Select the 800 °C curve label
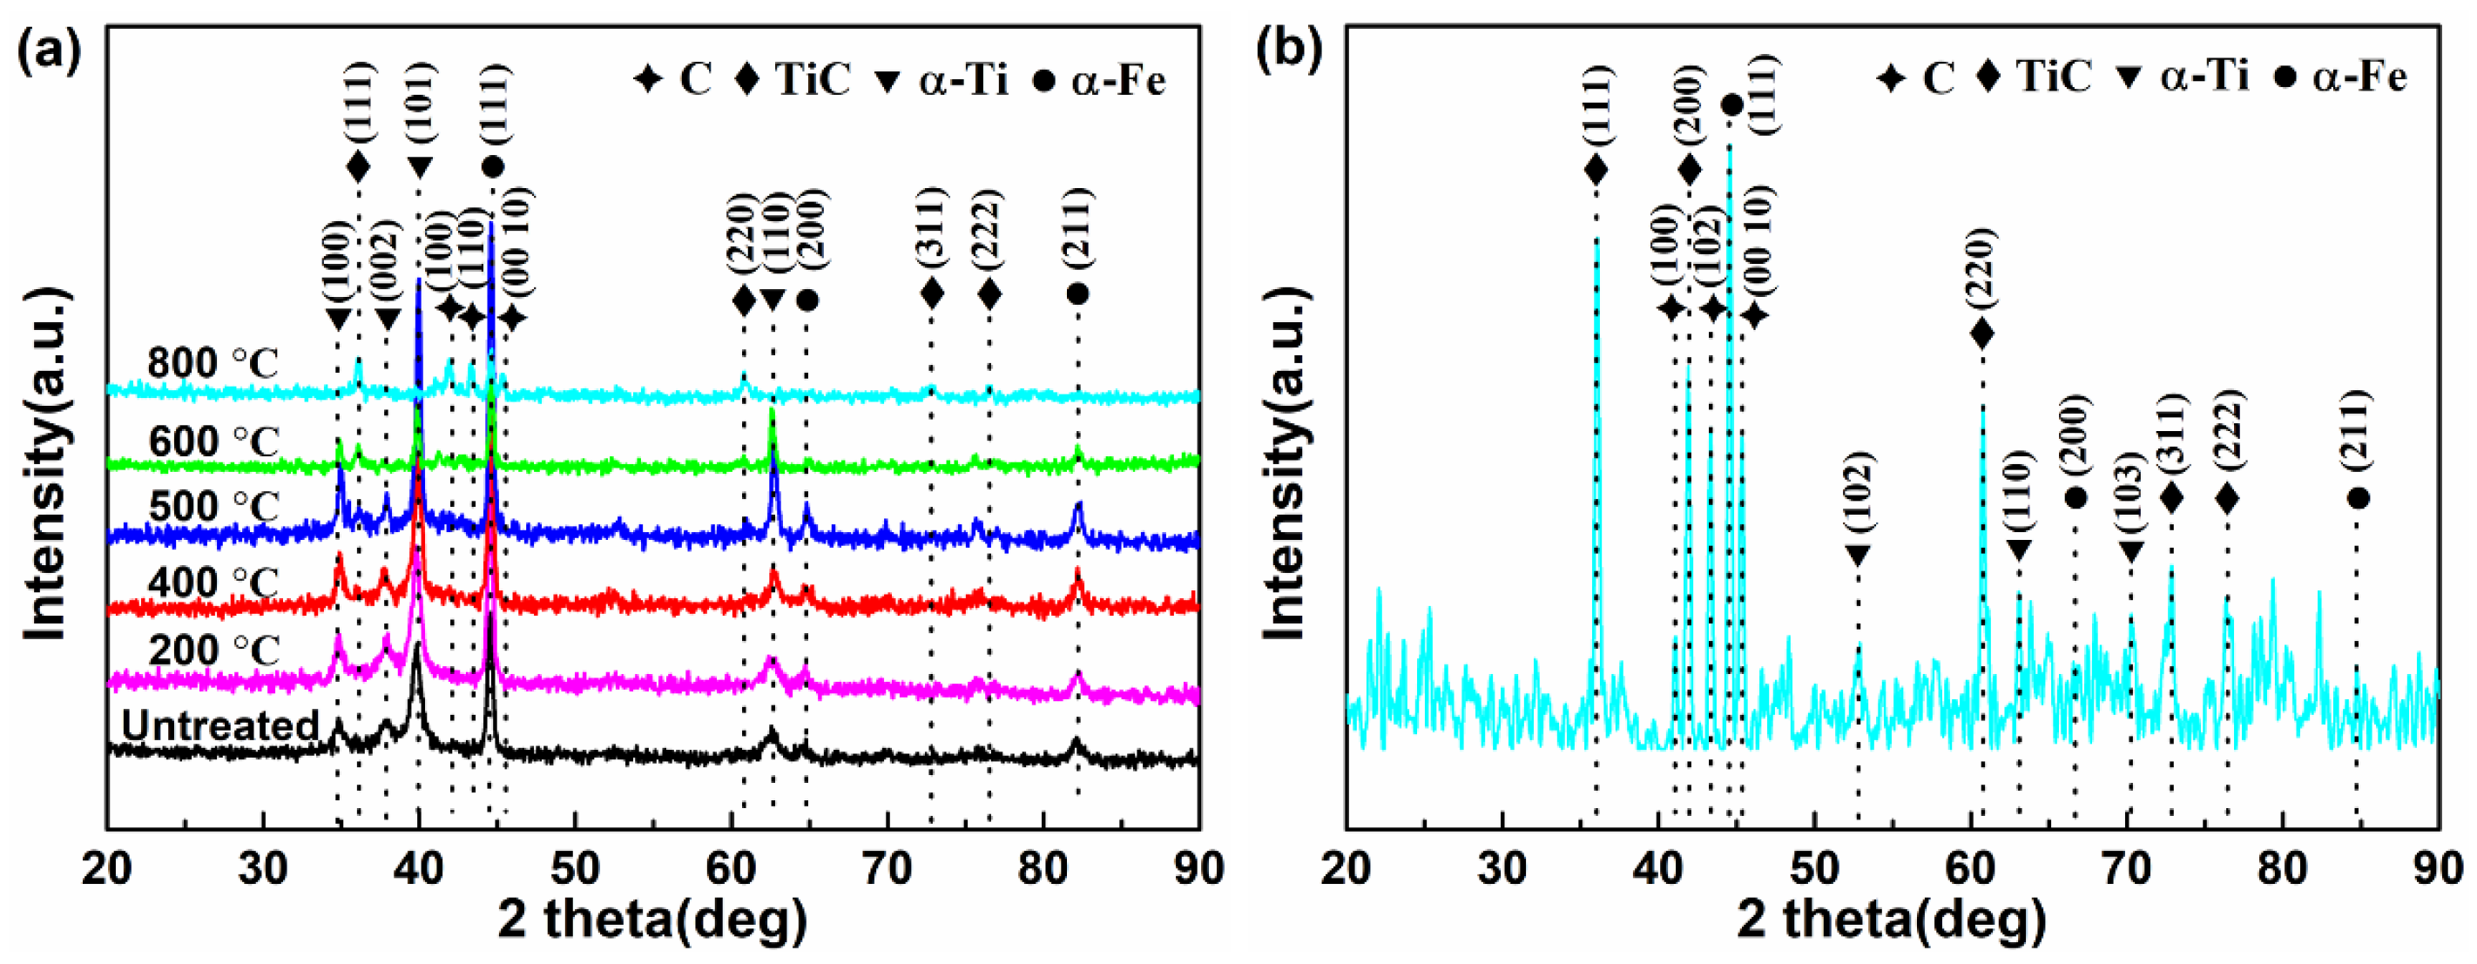213,364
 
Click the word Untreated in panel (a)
220,725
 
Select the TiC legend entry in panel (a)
793,79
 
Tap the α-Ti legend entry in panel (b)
2183,77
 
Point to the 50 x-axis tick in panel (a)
574,869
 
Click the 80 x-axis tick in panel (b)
2282,869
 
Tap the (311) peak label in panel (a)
931,226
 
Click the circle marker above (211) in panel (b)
2357,498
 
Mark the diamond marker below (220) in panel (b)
1981,334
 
